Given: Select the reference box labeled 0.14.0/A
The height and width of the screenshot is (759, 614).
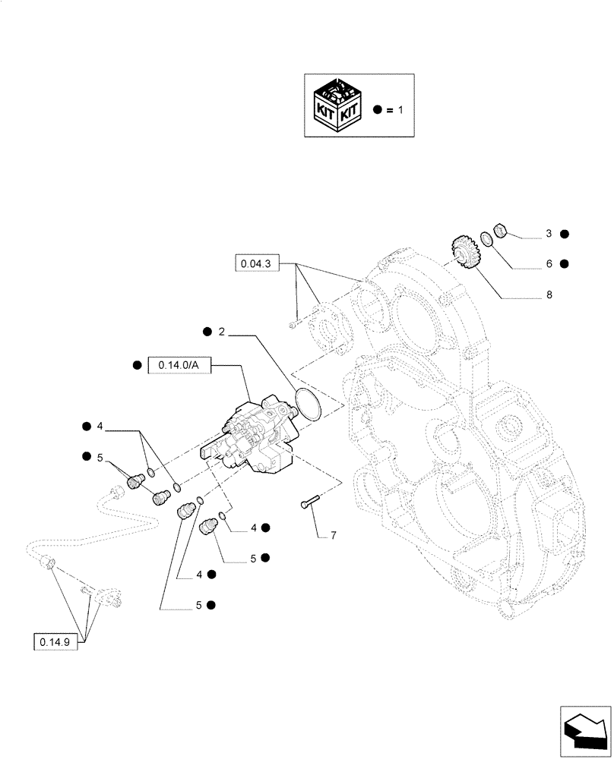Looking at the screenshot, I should point(179,365).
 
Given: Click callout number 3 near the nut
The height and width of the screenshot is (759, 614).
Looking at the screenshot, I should point(547,235).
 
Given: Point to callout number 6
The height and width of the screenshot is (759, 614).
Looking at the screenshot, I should point(547,264).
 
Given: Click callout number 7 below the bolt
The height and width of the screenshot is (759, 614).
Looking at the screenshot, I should point(332,536).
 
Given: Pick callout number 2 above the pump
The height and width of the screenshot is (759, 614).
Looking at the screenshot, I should point(221,332).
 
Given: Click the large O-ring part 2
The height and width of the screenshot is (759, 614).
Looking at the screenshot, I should point(307,402).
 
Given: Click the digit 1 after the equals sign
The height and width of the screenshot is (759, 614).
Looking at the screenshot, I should point(401,110).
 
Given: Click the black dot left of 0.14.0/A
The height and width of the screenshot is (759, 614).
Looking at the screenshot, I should point(137,365).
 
